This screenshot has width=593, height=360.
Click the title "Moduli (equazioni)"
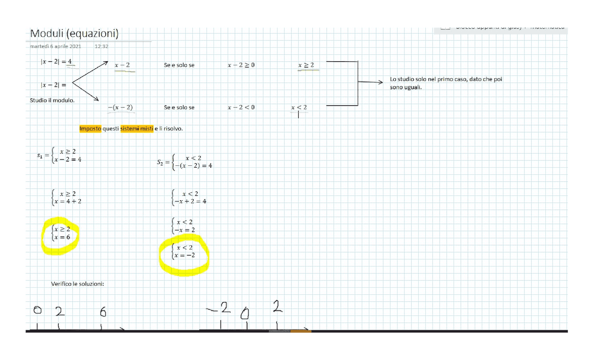point(74,34)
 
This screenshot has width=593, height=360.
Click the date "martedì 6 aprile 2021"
point(56,46)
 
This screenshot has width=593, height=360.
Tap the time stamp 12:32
point(101,46)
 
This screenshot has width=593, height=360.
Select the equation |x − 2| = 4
point(56,61)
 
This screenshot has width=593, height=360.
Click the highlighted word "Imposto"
point(90,128)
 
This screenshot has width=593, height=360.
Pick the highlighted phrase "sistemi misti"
point(137,128)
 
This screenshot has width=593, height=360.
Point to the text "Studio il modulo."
point(52,100)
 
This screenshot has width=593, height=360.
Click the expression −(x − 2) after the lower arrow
point(120,107)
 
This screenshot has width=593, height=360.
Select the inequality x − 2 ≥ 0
point(241,65)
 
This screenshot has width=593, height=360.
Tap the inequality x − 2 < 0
point(241,107)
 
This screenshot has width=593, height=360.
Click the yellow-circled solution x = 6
point(62,237)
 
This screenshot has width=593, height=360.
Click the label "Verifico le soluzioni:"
point(77,284)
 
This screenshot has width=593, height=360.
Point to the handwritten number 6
point(103,313)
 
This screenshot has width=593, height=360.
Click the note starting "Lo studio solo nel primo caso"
point(446,83)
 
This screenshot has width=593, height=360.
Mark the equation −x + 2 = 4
point(190,202)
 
